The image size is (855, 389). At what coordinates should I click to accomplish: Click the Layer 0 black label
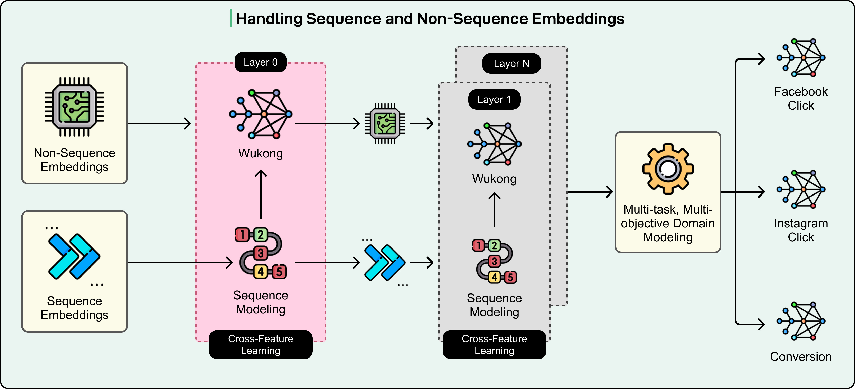(x=261, y=62)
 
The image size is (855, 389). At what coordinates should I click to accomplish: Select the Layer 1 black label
(x=494, y=99)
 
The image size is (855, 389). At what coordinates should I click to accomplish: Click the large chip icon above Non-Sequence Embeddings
(x=74, y=107)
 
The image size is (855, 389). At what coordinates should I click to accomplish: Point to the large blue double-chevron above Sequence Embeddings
(x=74, y=256)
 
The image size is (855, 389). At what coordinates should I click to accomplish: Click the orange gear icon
(x=668, y=169)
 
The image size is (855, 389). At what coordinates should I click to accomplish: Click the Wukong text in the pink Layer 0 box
(x=261, y=153)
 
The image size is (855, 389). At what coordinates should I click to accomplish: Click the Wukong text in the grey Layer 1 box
(x=494, y=179)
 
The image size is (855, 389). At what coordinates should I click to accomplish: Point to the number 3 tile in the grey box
(x=494, y=261)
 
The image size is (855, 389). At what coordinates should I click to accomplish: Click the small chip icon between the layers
(x=385, y=124)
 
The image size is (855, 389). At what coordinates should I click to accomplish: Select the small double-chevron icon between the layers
(x=385, y=262)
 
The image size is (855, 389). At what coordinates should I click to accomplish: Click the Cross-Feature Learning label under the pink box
(x=261, y=344)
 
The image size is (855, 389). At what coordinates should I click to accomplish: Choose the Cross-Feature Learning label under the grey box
(x=494, y=344)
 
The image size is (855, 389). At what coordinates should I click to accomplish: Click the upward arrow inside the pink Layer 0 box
(x=261, y=194)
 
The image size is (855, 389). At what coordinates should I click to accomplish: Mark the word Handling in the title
(x=269, y=19)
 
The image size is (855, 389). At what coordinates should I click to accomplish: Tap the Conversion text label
(x=801, y=356)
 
